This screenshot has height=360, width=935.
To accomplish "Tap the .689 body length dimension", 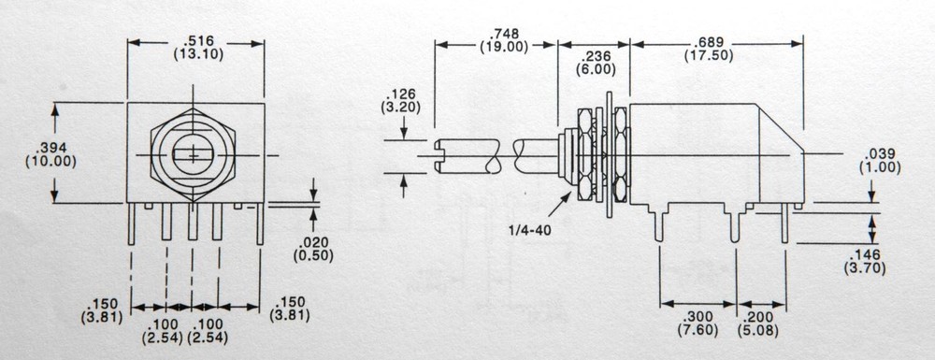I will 716,32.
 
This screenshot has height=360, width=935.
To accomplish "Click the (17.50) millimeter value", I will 716,46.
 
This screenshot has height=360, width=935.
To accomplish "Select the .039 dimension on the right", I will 883,153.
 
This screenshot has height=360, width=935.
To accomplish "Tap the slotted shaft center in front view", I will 194,153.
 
